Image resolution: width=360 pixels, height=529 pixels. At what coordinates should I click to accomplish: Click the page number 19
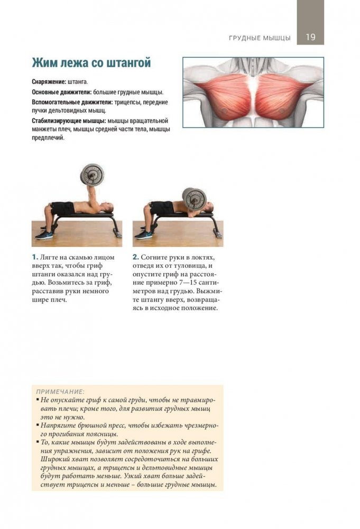click(310, 37)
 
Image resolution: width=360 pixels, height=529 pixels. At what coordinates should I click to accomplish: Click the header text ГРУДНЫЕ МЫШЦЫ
click(260, 38)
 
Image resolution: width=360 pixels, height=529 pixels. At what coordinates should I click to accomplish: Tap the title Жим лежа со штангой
click(91, 63)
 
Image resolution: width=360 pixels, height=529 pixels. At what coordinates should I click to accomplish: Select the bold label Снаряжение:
click(49, 82)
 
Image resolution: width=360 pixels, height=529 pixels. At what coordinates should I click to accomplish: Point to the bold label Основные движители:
click(62, 92)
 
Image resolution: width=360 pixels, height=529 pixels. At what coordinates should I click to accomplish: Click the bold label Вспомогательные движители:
click(72, 102)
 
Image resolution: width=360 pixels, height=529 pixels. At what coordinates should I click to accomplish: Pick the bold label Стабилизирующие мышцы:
click(69, 121)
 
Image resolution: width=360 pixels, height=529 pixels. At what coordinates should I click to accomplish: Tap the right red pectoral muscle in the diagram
click(281, 96)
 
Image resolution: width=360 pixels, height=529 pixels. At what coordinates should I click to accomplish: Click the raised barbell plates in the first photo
click(92, 175)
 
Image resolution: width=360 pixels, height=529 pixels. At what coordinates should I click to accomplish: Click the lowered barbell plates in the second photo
click(194, 198)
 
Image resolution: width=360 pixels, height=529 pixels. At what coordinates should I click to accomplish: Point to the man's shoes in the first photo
click(44, 235)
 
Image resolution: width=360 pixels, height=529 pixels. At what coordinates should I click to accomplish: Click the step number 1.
click(35, 257)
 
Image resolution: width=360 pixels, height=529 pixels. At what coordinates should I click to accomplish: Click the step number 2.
click(136, 257)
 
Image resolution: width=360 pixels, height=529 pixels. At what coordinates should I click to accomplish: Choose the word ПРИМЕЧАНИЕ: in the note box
click(60, 392)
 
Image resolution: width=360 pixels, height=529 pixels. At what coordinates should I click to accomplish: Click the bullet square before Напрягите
click(38, 425)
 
